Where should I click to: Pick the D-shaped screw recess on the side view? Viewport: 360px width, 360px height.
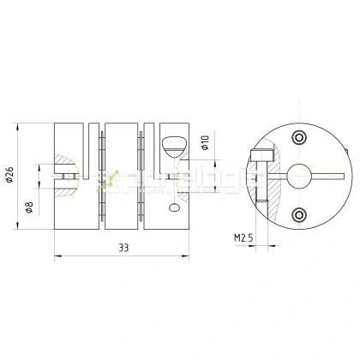click(171, 141)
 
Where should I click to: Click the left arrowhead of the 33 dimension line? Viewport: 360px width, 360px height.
click(57, 255)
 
